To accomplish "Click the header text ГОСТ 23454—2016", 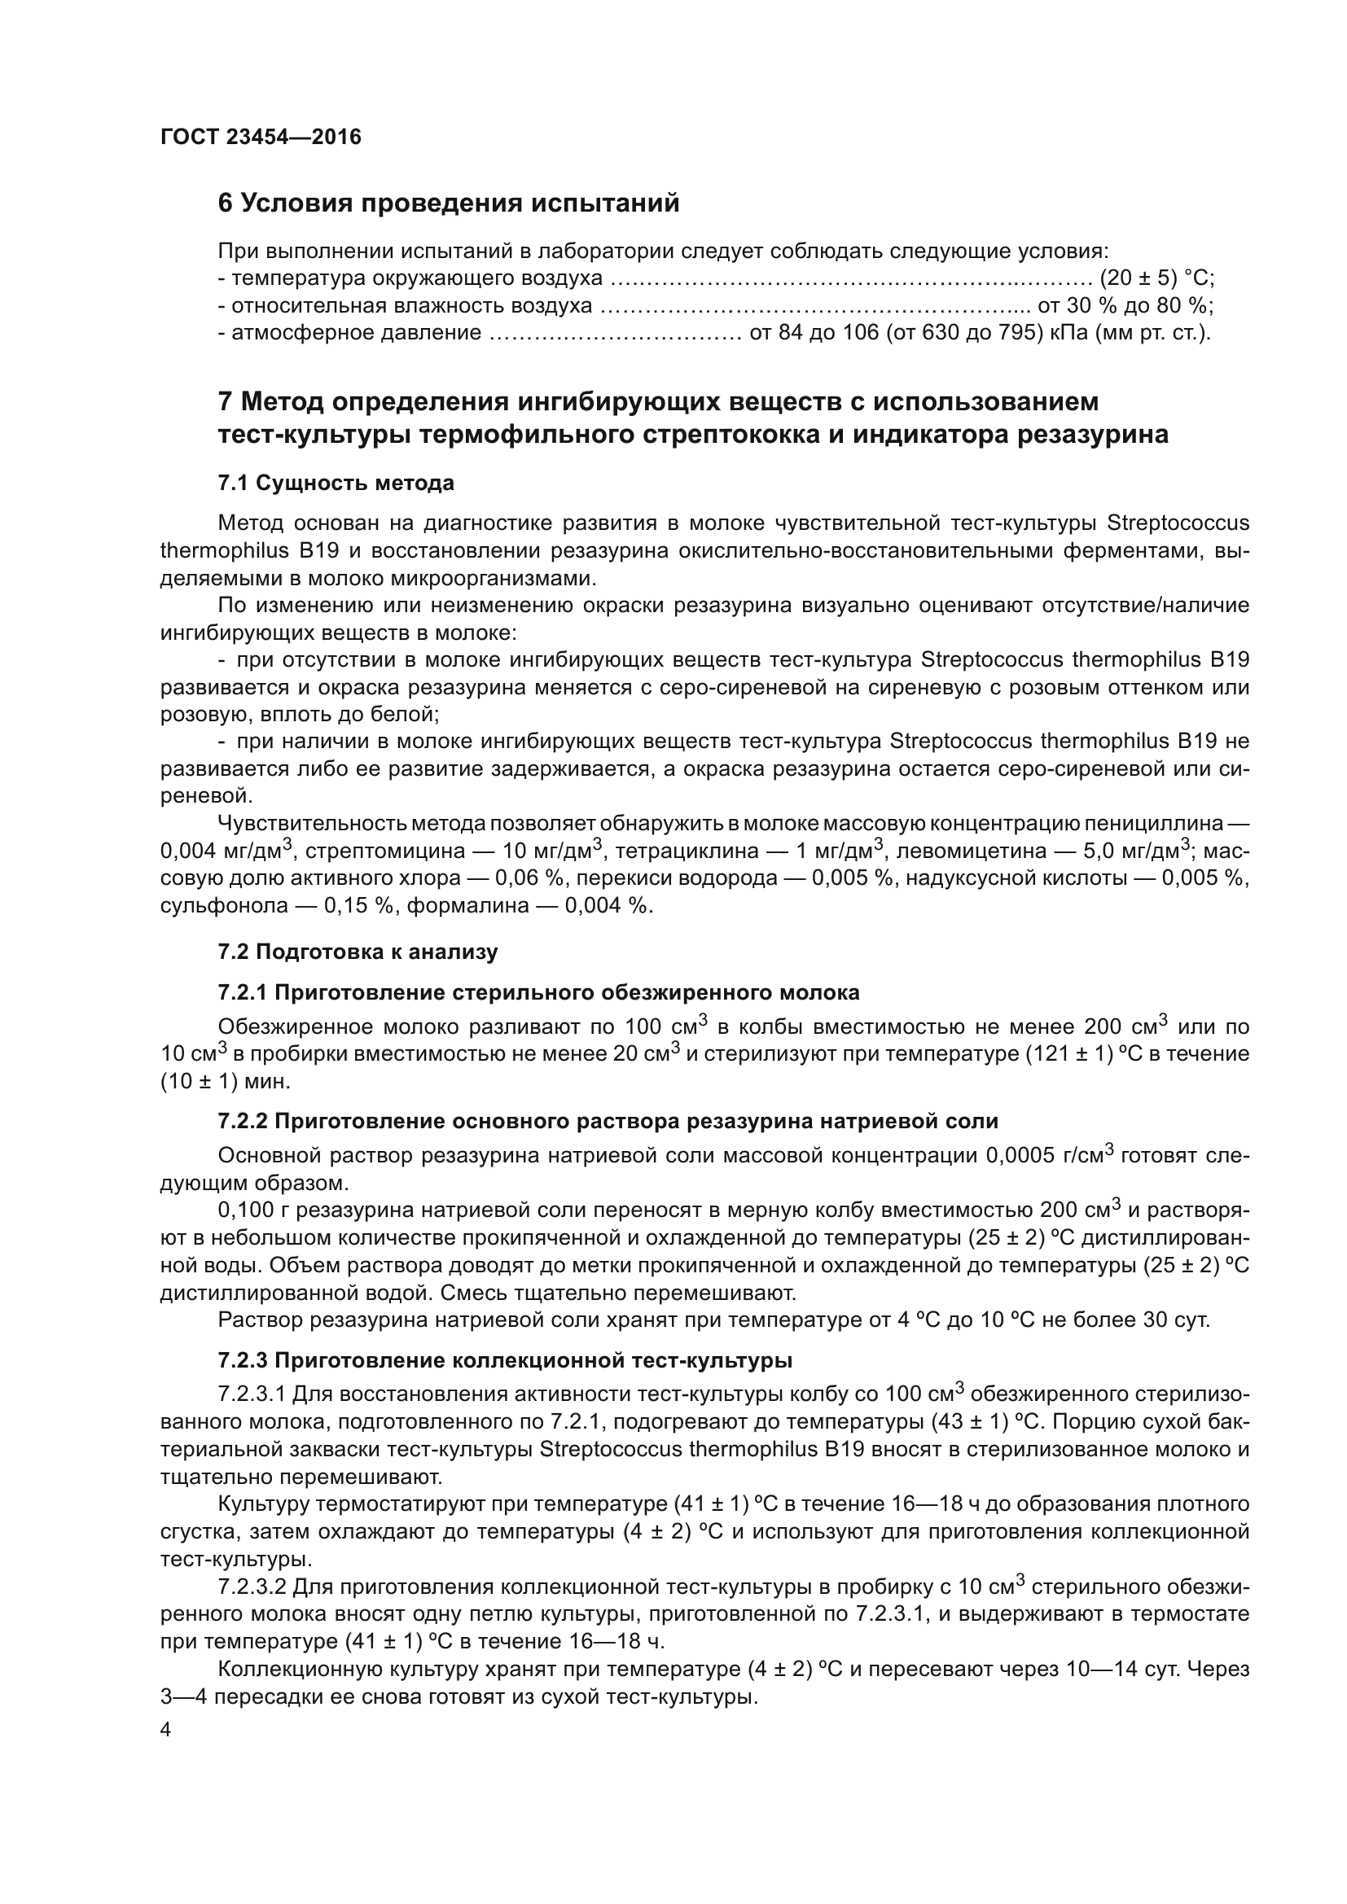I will point(261,137).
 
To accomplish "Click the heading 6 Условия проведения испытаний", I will point(448,204).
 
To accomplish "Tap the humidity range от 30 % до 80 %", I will point(1125,305).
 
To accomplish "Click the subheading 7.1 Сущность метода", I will point(336,483).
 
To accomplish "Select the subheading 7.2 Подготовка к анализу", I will point(358,951).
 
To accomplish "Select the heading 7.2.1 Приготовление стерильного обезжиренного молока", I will point(538,992).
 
